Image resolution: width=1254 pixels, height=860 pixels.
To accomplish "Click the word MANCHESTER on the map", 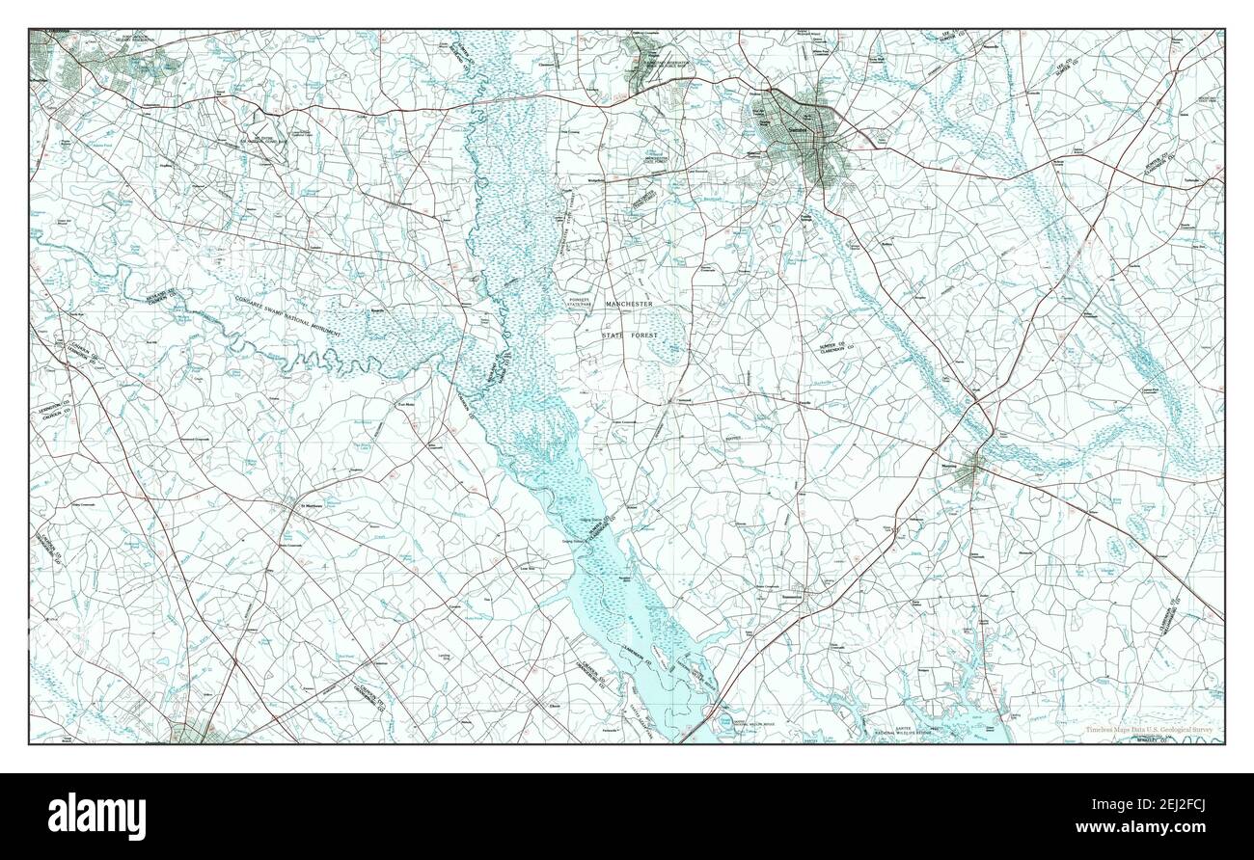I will pos(629,305).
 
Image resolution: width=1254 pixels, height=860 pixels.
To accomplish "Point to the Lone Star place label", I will pos(528,569).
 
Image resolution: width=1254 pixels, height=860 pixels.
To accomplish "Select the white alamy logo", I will pos(95,812).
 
